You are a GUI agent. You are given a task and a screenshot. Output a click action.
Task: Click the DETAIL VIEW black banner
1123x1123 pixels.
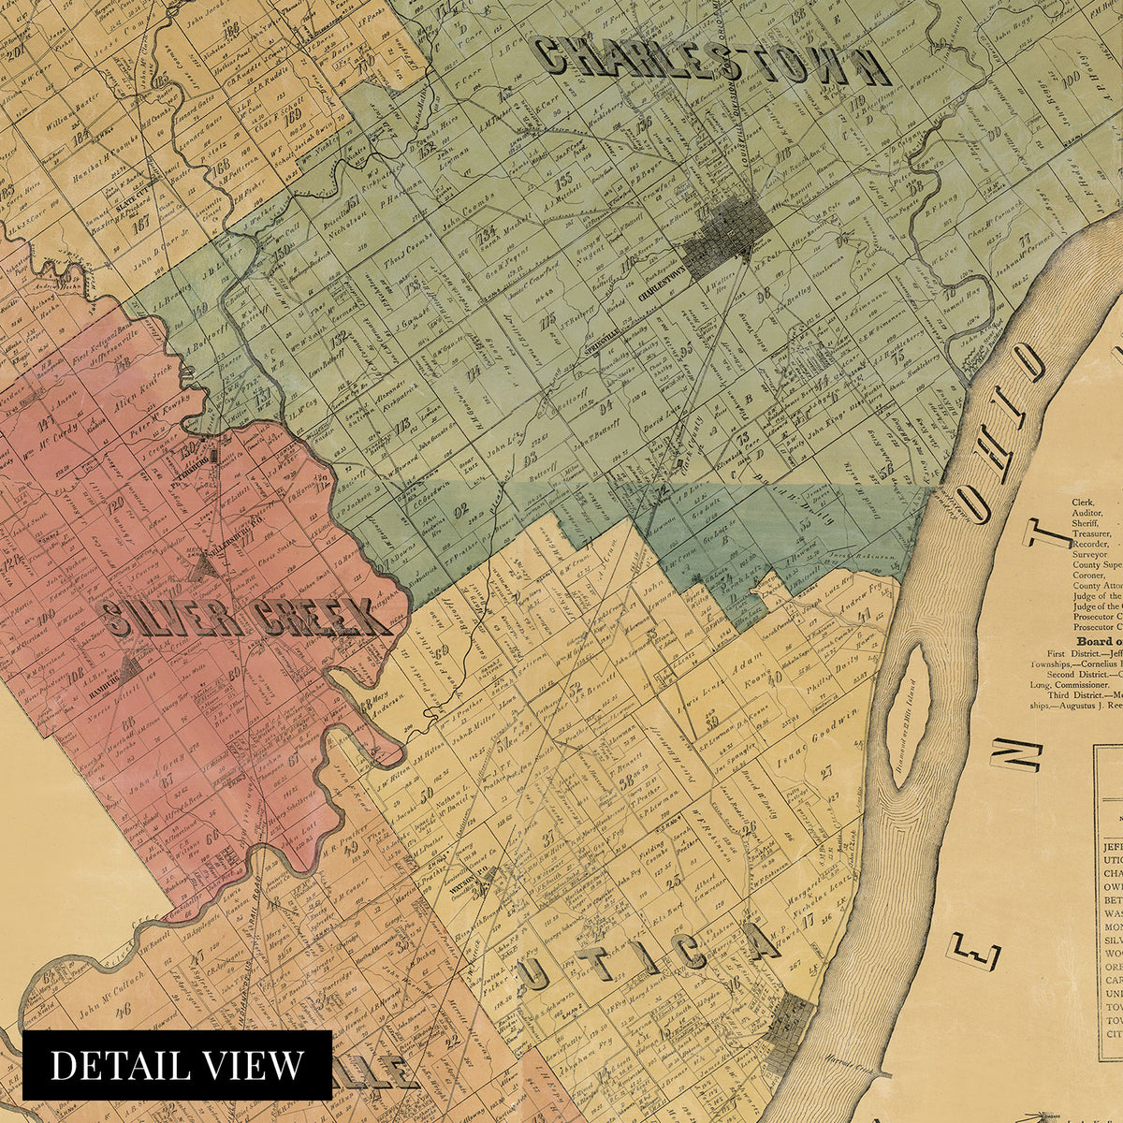click(177, 1065)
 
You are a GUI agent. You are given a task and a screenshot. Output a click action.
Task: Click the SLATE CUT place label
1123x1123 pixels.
click(139, 199)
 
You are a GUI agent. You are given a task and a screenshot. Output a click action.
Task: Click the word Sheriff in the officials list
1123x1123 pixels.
click(1088, 526)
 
